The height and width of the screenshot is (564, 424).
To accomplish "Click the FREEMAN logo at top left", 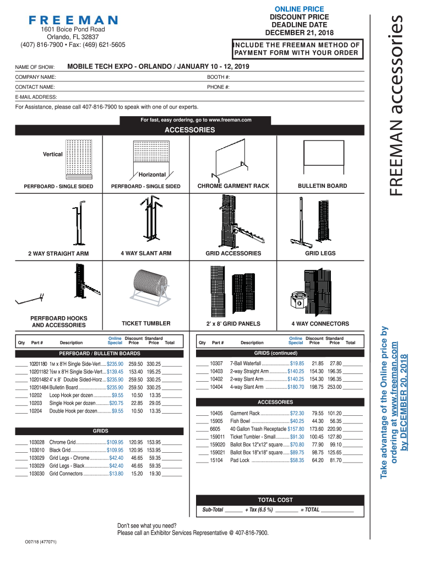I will tap(73, 20).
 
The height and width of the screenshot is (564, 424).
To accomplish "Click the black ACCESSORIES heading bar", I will tap(190, 131).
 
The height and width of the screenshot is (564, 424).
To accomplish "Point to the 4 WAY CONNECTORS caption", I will tap(320, 324).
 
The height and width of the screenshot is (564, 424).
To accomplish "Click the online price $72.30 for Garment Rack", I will tap(296, 413).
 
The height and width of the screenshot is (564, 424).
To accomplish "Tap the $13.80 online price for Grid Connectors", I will tap(116, 473).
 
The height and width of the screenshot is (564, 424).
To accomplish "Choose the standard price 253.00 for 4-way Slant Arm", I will tap(335, 387).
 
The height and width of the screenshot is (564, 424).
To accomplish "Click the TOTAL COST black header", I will tap(275, 500).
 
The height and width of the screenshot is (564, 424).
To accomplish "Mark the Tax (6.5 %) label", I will tap(259, 510).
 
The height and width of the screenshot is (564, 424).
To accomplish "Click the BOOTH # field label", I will tap(218, 77).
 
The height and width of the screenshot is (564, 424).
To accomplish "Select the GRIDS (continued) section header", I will tap(276, 353).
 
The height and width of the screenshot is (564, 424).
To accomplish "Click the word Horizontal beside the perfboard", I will tap(152, 175).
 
